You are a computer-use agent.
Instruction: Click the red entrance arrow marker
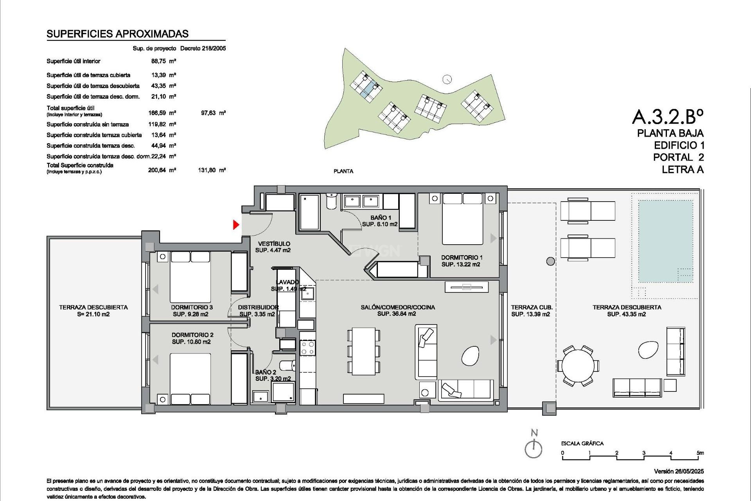pyautogui.click(x=236, y=225)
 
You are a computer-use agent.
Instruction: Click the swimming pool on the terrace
pyautogui.click(x=665, y=241)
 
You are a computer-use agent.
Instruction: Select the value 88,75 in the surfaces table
pyautogui.click(x=158, y=61)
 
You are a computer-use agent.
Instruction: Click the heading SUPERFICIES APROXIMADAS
pyautogui.click(x=118, y=34)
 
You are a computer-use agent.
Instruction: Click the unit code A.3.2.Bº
pyautogui.click(x=667, y=116)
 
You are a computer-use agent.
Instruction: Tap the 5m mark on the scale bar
pyautogui.click(x=700, y=453)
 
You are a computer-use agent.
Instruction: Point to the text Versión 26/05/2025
pyautogui.click(x=678, y=471)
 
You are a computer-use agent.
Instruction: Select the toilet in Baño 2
pyautogui.click(x=288, y=366)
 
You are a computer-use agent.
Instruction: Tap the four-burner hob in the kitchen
pyautogui.click(x=307, y=348)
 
